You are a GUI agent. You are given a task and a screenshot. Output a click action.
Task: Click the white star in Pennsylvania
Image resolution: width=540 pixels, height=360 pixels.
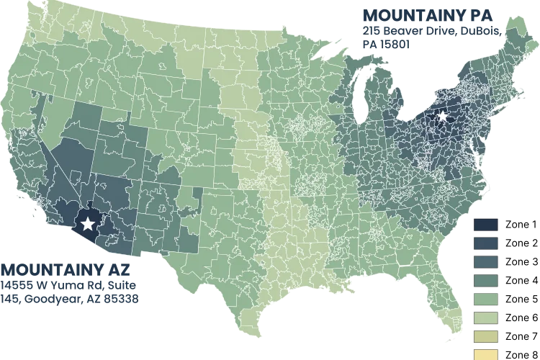(x=442, y=116)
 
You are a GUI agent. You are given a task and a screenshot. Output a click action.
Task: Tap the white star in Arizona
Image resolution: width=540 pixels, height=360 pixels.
(x=89, y=224)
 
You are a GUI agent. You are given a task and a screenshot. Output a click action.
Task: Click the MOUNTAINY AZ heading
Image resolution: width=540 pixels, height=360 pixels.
(x=60, y=270)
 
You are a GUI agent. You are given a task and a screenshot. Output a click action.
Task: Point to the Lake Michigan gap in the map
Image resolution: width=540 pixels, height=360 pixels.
(x=359, y=101)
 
